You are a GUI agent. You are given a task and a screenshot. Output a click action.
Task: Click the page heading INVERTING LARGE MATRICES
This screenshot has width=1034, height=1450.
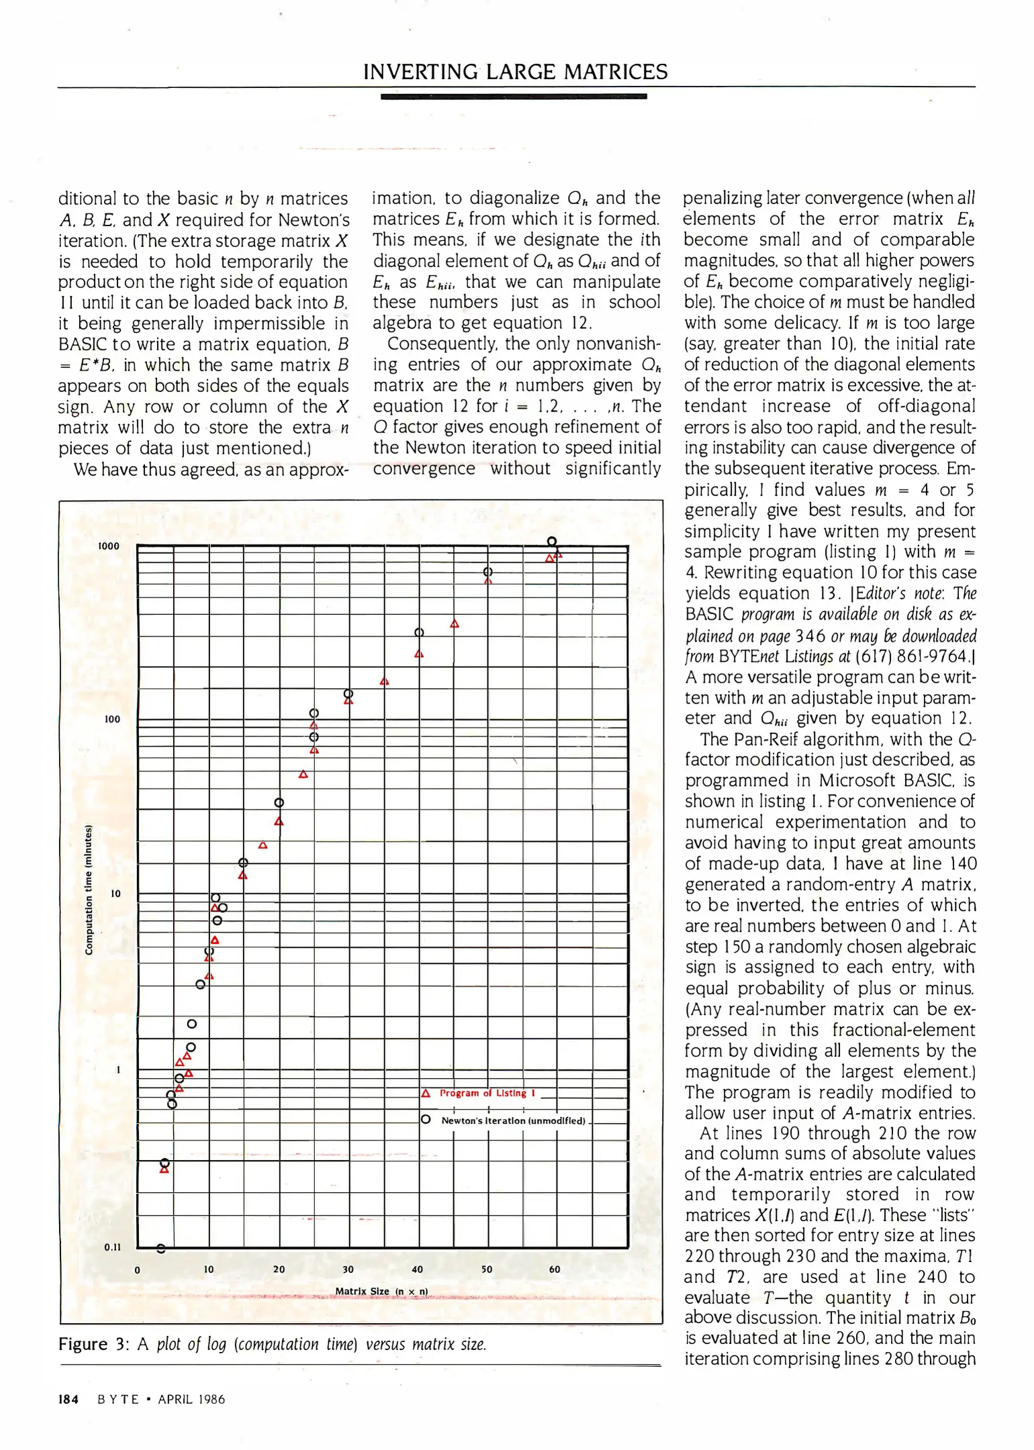pyautogui.click(x=515, y=72)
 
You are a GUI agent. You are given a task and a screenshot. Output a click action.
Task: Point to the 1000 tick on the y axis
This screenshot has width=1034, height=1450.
pyautogui.click(x=108, y=546)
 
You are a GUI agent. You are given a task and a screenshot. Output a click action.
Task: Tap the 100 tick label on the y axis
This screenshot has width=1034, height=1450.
pyautogui.click(x=111, y=720)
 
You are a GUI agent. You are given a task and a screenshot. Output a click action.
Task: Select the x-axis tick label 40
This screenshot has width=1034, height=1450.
pyautogui.click(x=417, y=1269)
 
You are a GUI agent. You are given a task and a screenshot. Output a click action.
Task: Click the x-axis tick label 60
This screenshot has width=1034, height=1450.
pyautogui.click(x=554, y=1269)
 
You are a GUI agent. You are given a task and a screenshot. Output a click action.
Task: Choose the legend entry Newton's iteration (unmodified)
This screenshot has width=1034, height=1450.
pyautogui.click(x=513, y=1120)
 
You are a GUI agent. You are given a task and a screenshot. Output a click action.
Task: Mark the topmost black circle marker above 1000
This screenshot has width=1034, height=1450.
pyautogui.click(x=551, y=541)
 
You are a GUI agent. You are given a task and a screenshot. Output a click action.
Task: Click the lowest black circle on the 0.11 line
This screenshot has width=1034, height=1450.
pyautogui.click(x=160, y=1249)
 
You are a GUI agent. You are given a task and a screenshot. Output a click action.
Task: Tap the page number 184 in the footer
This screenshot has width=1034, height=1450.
pyautogui.click(x=68, y=1400)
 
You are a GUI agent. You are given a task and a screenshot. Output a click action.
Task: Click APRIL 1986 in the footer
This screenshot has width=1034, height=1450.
pyautogui.click(x=191, y=1400)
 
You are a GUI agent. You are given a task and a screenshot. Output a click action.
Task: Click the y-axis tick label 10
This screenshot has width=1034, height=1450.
pyautogui.click(x=115, y=893)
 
